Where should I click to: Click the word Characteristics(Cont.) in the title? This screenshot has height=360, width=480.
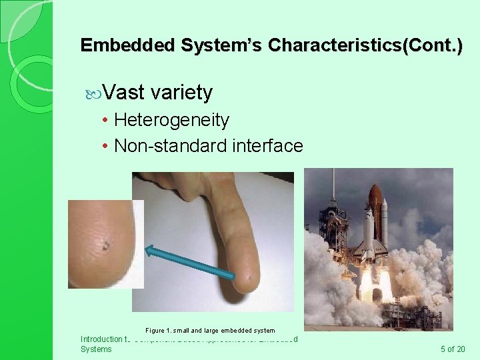364,45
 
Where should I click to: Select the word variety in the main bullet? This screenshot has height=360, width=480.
181,92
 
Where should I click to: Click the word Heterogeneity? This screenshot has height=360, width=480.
171,120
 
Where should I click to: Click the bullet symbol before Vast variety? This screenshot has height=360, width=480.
93,93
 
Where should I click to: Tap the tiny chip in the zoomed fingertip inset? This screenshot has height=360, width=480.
105,246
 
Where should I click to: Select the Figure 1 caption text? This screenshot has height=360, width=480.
209,330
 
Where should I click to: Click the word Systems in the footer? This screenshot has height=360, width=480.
96,349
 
